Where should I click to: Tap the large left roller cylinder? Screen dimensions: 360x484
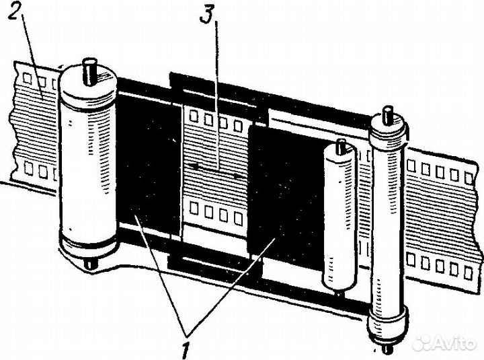[x=88, y=168]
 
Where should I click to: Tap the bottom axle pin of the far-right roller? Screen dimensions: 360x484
[x=388, y=349]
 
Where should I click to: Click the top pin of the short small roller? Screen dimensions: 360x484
[x=341, y=145]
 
